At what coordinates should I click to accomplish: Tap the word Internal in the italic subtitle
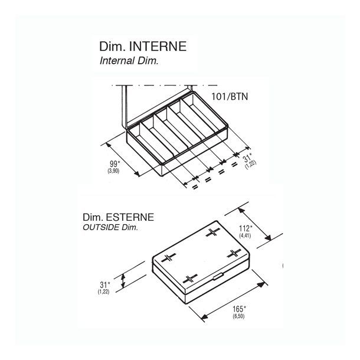(x=118, y=60)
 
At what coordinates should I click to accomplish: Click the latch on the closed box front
(x=217, y=276)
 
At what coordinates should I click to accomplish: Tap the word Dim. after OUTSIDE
(x=130, y=227)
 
